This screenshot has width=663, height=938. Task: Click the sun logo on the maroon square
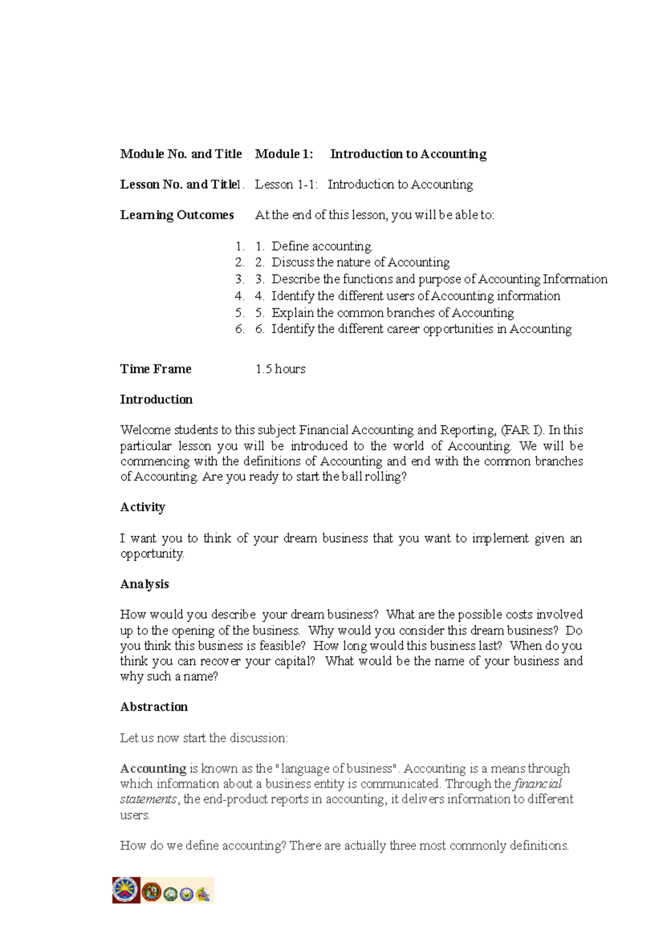pyautogui.click(x=126, y=889)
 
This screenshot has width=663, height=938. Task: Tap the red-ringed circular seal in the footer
pyautogui.click(x=151, y=891)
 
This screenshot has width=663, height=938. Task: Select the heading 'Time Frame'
pyautogui.click(x=156, y=369)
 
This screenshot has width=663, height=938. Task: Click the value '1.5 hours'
pyautogui.click(x=280, y=369)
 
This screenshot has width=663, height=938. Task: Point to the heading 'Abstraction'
pyautogui.click(x=154, y=707)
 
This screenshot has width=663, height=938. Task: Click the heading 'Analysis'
pyautogui.click(x=145, y=584)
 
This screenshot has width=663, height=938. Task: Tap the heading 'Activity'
pyautogui.click(x=143, y=507)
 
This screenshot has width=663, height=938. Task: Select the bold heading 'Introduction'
pyautogui.click(x=156, y=399)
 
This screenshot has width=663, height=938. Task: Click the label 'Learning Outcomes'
pyautogui.click(x=177, y=215)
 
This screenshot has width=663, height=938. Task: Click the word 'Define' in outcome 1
pyautogui.click(x=290, y=246)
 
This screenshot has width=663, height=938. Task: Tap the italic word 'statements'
pyautogui.click(x=148, y=799)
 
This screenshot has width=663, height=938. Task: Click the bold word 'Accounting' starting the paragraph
pyautogui.click(x=153, y=768)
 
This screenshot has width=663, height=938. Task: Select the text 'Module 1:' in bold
pyautogui.click(x=284, y=154)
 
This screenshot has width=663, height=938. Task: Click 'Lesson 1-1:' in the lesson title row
pyautogui.click(x=286, y=185)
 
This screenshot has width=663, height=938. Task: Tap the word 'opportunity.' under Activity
pyautogui.click(x=152, y=554)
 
